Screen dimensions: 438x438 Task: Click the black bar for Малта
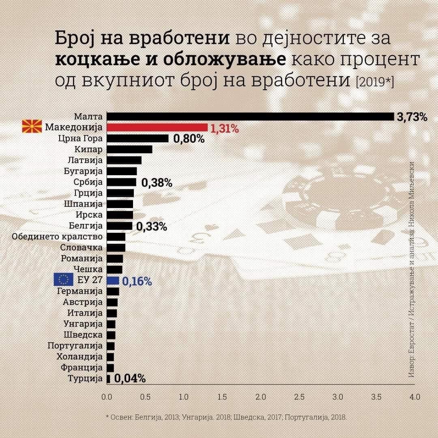pos(250,117)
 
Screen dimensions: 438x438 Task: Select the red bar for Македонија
pos(157,128)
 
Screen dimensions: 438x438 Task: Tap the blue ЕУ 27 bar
pos(113,280)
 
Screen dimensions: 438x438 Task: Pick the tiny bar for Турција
pos(108,379)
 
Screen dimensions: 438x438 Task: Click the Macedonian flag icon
pos(32,127)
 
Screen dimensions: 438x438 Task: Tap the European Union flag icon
pos(63,280)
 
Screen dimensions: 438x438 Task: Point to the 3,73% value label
pos(412,118)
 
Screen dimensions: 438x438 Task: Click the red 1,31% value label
pos(224,129)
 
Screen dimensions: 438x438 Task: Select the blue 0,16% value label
pos(137,281)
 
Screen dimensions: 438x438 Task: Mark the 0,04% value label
pos(130,379)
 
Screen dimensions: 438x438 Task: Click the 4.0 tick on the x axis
pos(414,396)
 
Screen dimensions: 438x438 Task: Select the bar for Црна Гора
pos(137,139)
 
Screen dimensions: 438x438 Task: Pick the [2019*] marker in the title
pos(374,82)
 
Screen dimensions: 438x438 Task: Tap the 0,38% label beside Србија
pos(157,183)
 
